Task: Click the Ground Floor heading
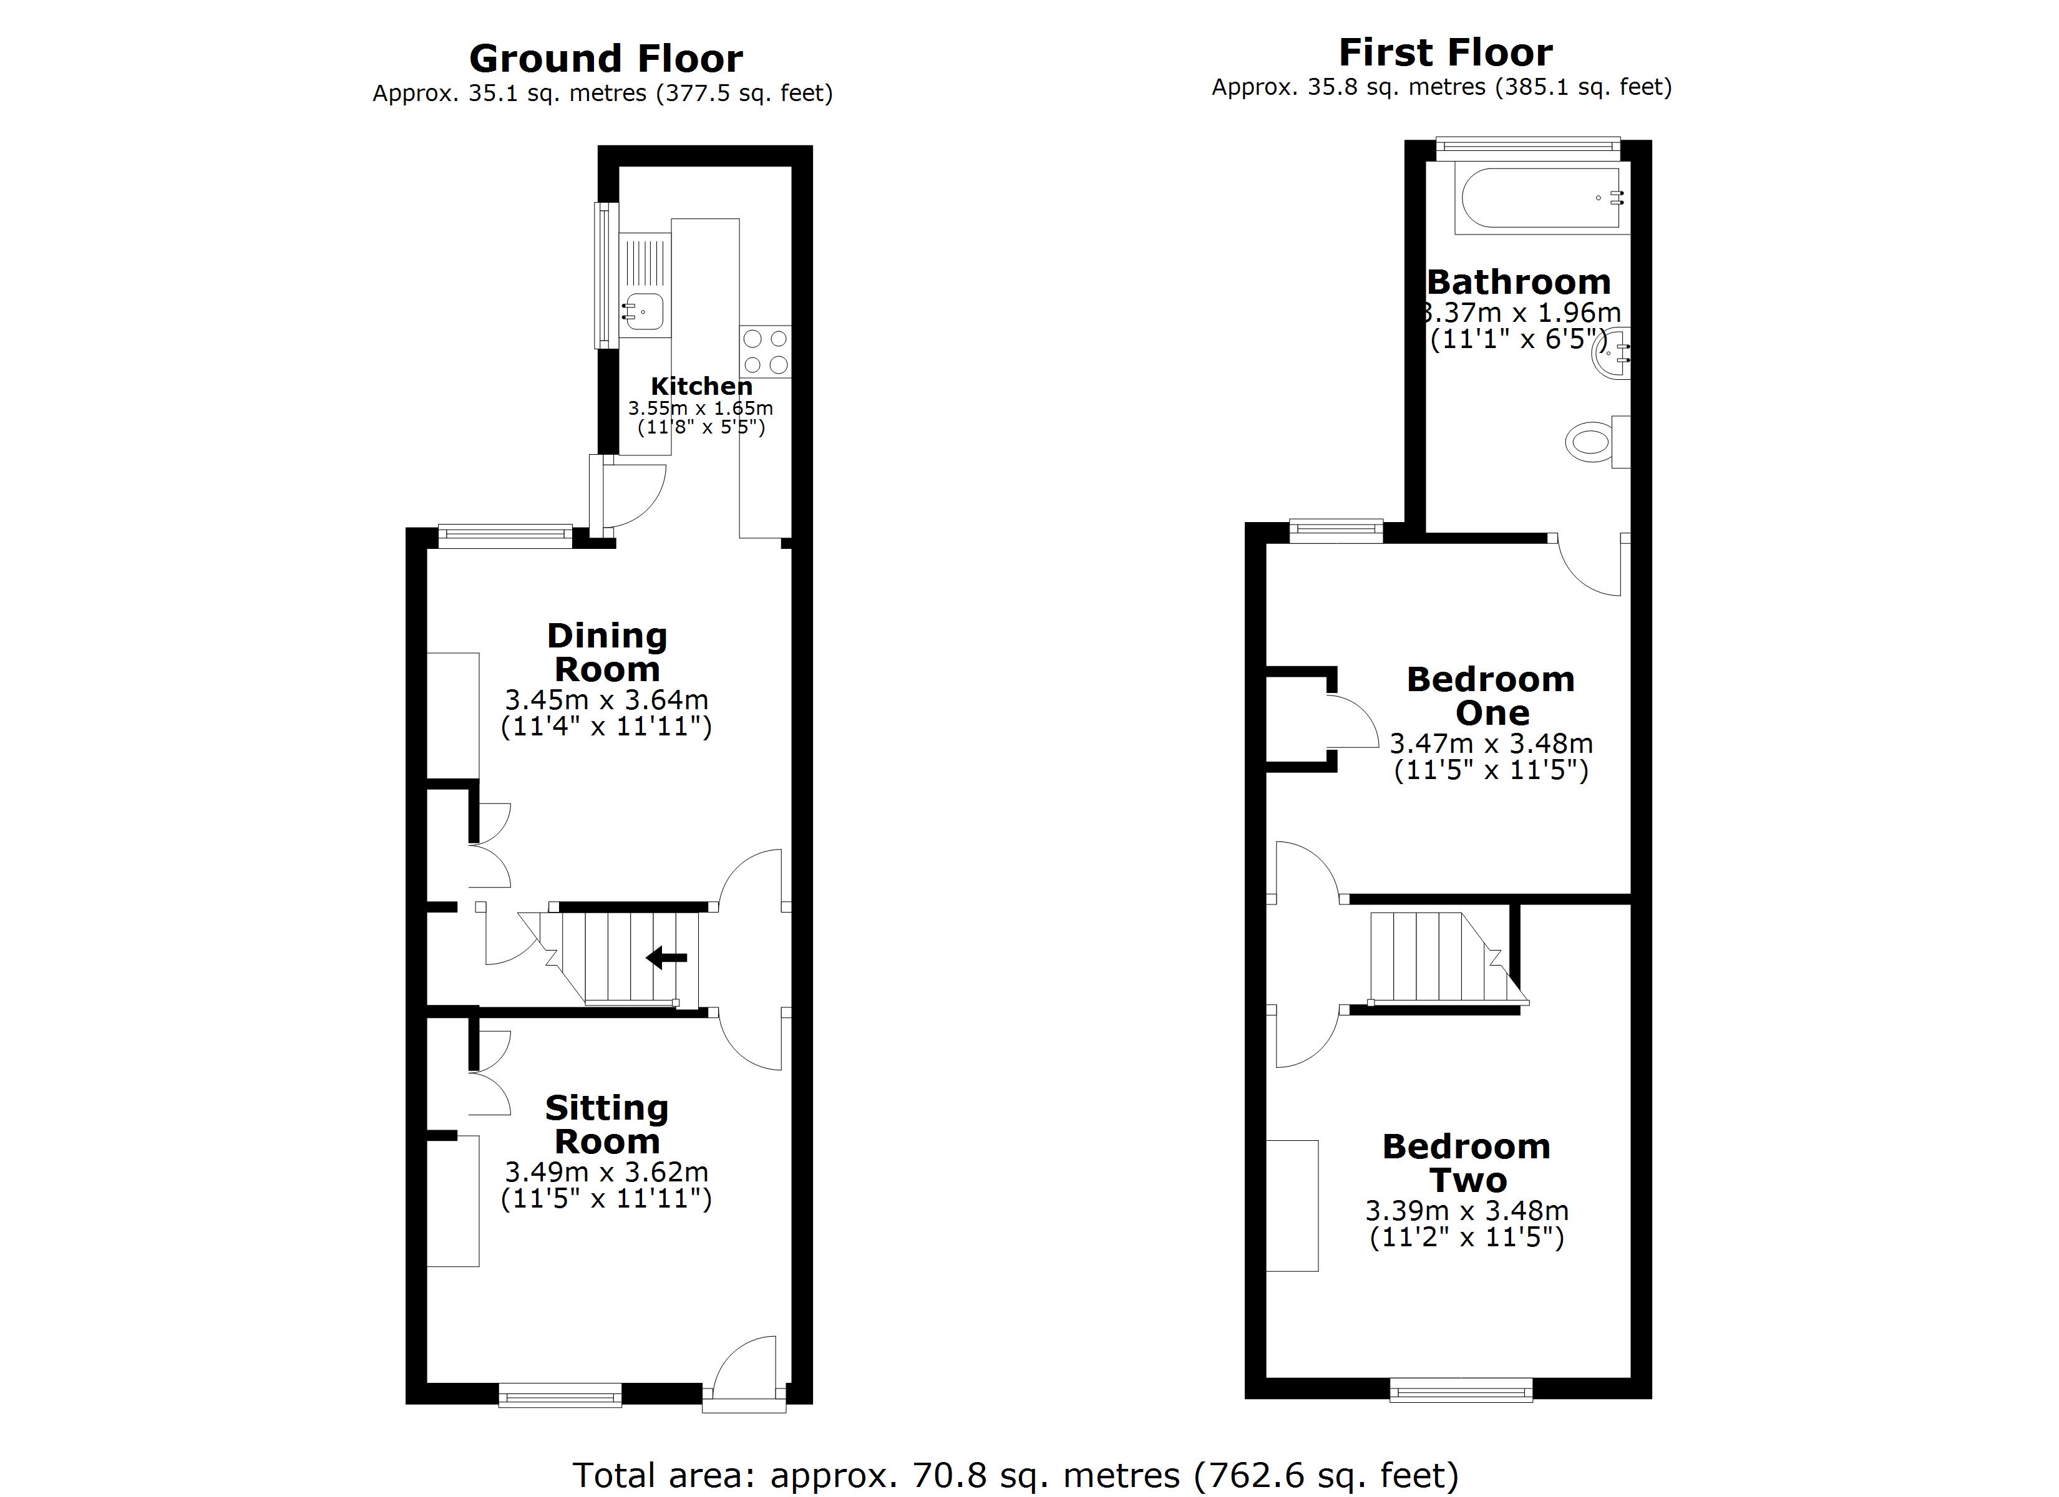[606, 60]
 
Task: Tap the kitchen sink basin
[644, 311]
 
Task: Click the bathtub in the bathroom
[1539, 198]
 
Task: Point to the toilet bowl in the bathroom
[1589, 442]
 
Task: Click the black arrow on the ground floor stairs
[666, 957]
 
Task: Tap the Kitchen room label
[701, 386]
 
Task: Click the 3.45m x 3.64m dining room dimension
[606, 700]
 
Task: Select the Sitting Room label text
[606, 1124]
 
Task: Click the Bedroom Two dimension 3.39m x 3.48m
[1466, 1210]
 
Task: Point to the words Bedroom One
[1491, 695]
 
